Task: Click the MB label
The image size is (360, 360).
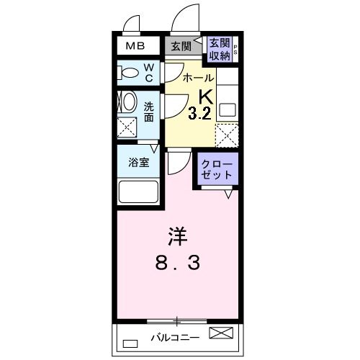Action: pyautogui.click(x=135, y=47)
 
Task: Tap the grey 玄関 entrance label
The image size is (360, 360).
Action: pyautogui.click(x=181, y=47)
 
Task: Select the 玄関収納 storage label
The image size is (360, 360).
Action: pyautogui.click(x=220, y=48)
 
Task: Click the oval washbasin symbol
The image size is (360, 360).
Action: pyautogui.click(x=129, y=102)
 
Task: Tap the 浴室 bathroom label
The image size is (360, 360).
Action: pyautogui.click(x=138, y=162)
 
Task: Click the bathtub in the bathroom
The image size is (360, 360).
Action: pyautogui.click(x=138, y=192)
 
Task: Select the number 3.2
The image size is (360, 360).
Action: pyautogui.click(x=199, y=112)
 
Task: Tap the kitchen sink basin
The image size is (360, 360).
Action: pyautogui.click(x=228, y=110)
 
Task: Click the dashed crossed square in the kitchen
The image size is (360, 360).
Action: pyautogui.click(x=227, y=135)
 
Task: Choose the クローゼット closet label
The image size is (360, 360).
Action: pyautogui.click(x=216, y=168)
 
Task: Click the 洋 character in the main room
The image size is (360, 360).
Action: pyautogui.click(x=177, y=235)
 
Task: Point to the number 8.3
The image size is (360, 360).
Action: pyautogui.click(x=177, y=264)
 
